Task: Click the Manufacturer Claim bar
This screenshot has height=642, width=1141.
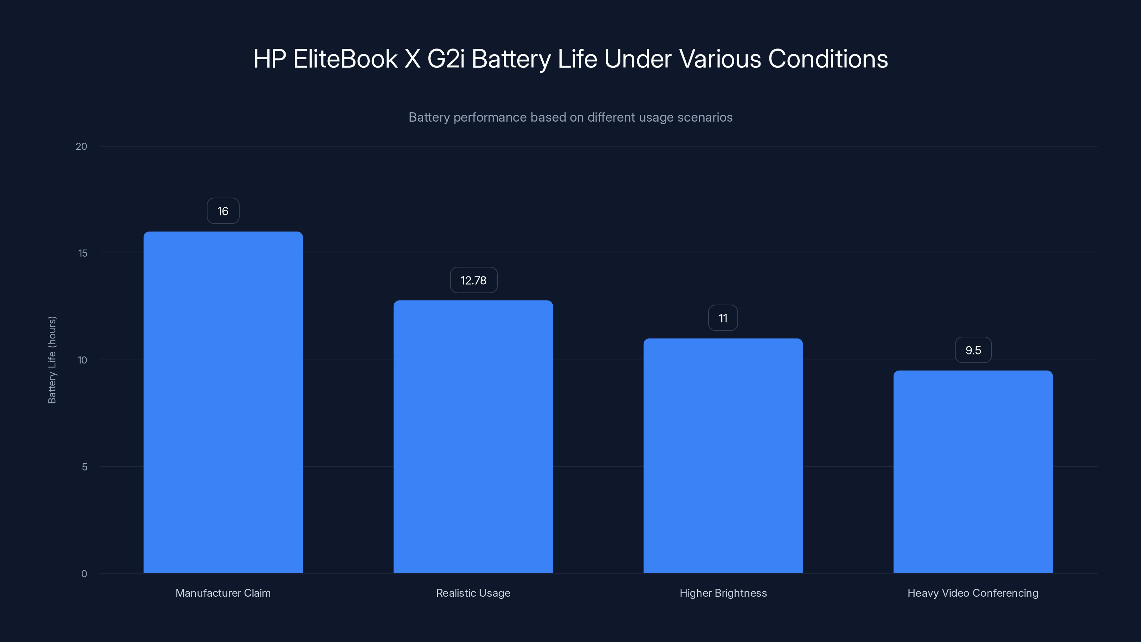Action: click(x=223, y=402)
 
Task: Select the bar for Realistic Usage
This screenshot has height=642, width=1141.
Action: click(x=473, y=437)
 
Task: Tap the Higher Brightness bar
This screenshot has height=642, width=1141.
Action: click(x=723, y=455)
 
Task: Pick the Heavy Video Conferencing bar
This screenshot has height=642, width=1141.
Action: click(x=973, y=472)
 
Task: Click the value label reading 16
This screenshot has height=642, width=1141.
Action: click(x=223, y=211)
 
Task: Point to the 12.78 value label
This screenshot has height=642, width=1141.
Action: click(x=474, y=280)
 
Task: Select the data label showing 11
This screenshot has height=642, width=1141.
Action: click(x=723, y=318)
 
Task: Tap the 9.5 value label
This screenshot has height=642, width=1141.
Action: click(x=973, y=350)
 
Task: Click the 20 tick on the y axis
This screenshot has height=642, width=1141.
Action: click(x=82, y=146)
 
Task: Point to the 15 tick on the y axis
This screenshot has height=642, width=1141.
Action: click(x=83, y=253)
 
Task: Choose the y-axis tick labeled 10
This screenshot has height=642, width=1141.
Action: click(x=82, y=360)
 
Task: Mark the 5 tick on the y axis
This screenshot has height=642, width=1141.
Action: click(x=84, y=467)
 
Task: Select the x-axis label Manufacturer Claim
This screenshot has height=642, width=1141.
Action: click(x=223, y=593)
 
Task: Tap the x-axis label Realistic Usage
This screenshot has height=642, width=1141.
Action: click(x=473, y=593)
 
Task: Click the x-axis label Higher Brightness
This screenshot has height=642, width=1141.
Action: click(x=723, y=593)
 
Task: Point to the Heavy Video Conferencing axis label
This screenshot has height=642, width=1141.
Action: click(x=973, y=593)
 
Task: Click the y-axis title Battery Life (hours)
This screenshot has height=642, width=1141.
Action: click(x=52, y=360)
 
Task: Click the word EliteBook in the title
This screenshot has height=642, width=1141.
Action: click(x=345, y=58)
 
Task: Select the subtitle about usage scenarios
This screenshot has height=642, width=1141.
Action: click(x=570, y=117)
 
